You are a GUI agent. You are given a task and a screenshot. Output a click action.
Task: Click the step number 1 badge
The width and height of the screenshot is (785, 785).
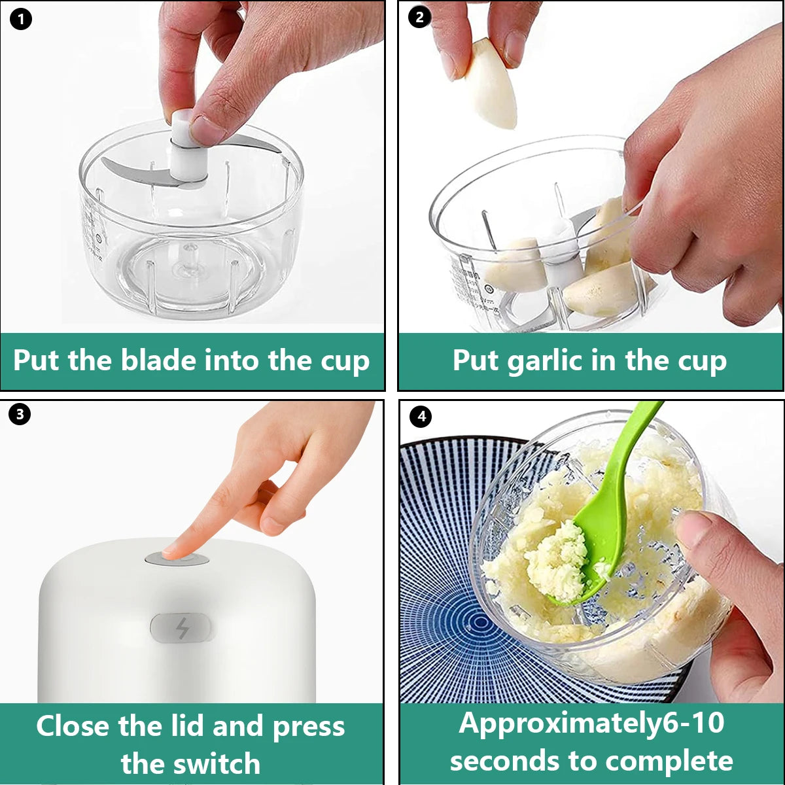tap(21, 20)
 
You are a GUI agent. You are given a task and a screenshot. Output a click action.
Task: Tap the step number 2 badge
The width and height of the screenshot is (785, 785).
tap(420, 18)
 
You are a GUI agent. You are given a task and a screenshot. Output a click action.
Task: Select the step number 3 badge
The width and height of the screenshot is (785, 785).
tap(20, 414)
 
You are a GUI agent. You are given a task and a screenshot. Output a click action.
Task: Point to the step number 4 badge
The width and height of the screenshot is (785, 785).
tap(421, 417)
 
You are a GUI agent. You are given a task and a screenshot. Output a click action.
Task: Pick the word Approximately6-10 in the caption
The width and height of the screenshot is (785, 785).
tap(591, 723)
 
